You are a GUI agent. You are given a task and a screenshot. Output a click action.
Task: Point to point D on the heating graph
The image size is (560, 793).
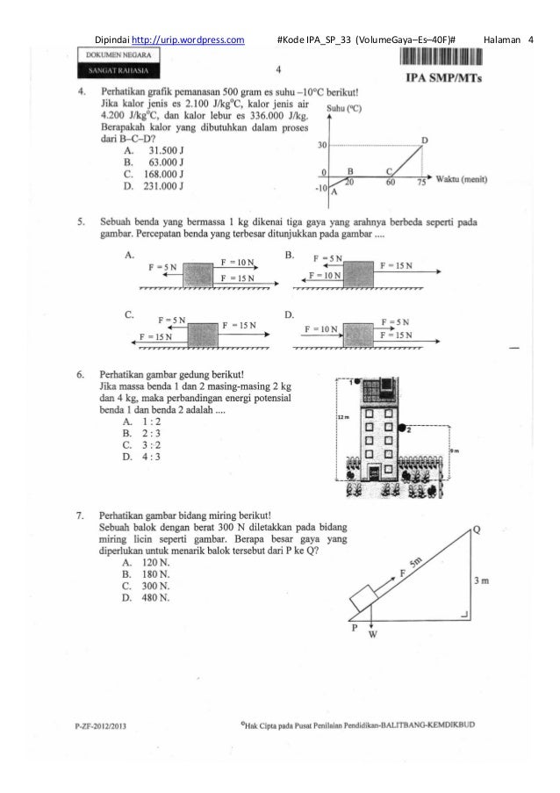click(x=425, y=141)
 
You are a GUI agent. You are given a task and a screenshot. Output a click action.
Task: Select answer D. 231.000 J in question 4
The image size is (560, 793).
click(x=154, y=186)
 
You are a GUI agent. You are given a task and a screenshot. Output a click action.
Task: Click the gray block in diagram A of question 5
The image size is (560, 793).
click(x=203, y=272)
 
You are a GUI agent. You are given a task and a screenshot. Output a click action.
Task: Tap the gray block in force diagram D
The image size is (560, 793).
click(x=359, y=335)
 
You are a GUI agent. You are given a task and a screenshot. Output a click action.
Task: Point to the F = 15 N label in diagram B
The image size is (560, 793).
click(x=398, y=264)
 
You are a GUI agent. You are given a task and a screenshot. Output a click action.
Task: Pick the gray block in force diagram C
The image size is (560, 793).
click(x=203, y=335)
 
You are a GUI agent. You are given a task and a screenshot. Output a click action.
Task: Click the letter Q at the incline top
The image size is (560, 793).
click(x=476, y=529)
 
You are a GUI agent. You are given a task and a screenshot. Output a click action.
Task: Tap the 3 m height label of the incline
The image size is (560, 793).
click(x=479, y=580)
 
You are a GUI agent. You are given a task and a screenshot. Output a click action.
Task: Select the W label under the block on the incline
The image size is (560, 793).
click(x=372, y=633)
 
